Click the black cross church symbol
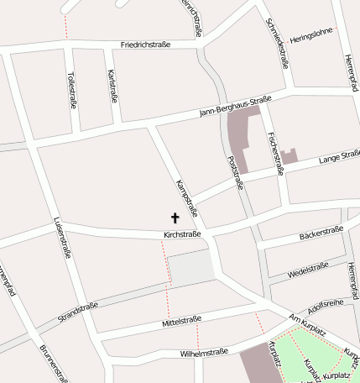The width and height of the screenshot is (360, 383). click(175, 217)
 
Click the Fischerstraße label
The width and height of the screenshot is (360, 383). click(274, 154)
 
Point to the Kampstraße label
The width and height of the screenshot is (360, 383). click(185, 197)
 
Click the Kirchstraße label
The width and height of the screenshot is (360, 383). click(182, 234)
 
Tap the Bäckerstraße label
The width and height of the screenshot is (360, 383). click(321, 234)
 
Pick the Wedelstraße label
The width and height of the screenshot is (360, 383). click(308, 270)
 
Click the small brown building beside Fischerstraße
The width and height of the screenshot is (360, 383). click(290, 155)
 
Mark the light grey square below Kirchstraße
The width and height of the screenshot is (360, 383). click(190, 269)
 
